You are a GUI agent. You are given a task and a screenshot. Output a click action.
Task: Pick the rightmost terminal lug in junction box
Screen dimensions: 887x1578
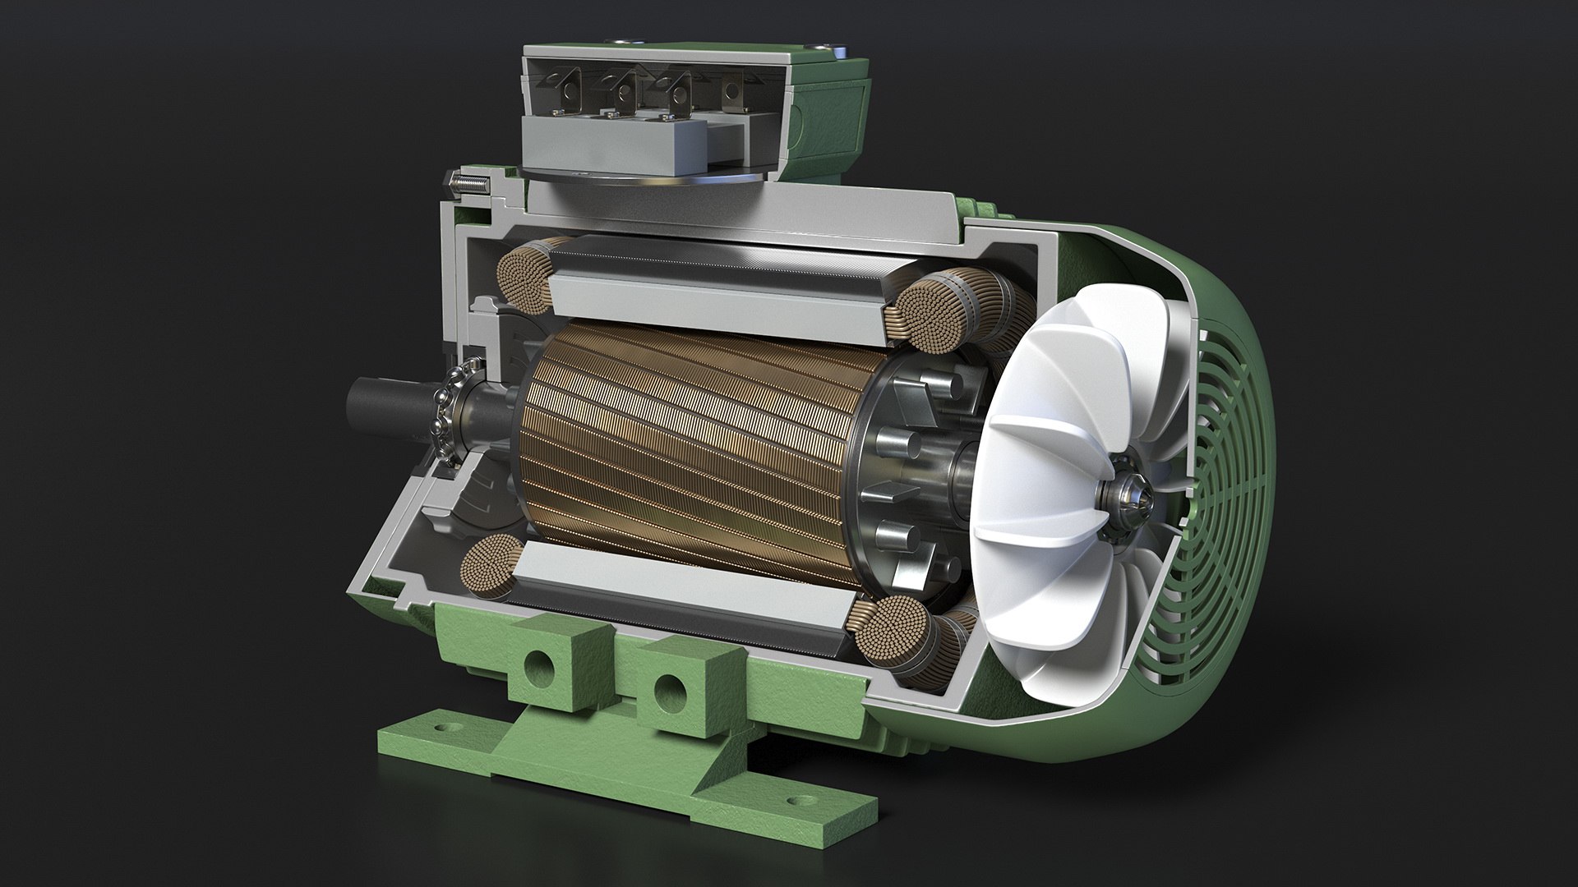(736, 93)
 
